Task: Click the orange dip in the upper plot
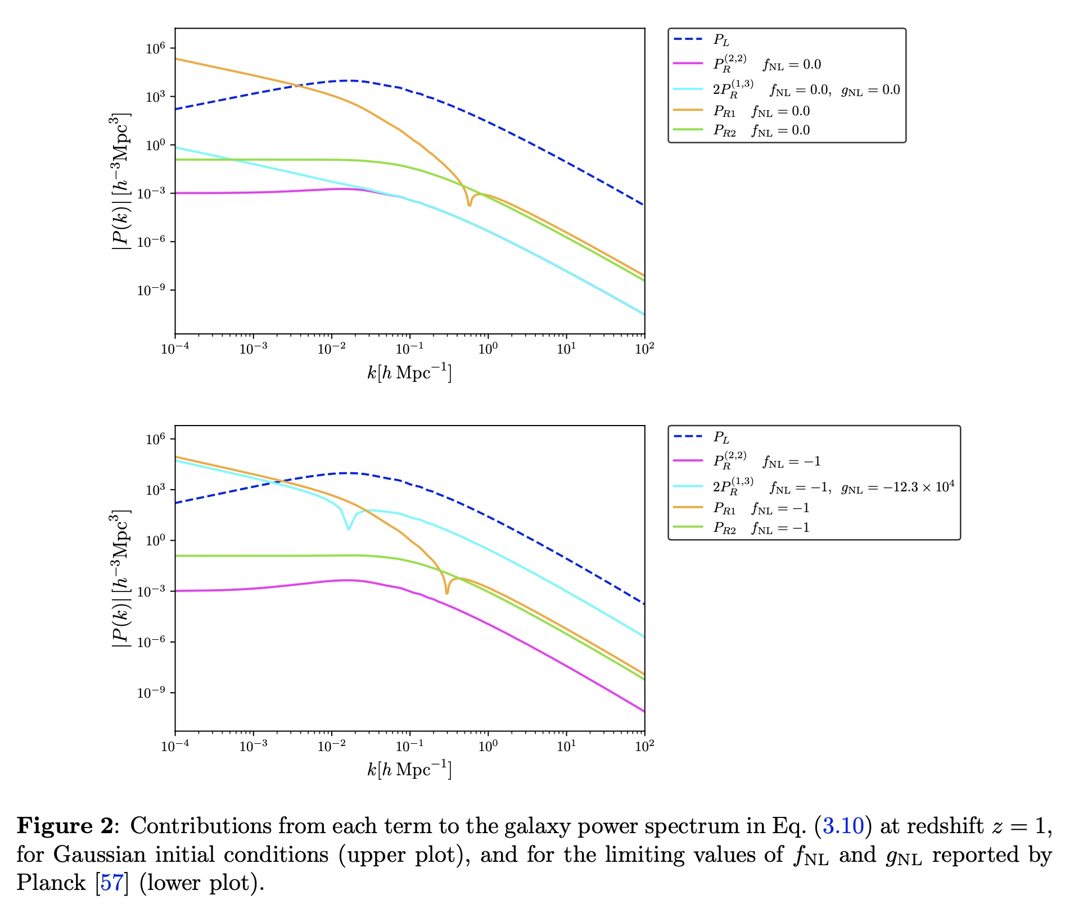click(469, 204)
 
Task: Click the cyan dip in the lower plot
click(349, 528)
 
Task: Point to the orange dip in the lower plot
click(447, 592)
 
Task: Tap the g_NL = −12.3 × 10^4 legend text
click(897, 487)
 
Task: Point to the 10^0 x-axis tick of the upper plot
click(488, 349)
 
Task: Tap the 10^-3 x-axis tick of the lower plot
click(253, 746)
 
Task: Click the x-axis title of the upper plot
click(409, 373)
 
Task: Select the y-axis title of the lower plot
click(120, 578)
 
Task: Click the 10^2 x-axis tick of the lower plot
click(644, 746)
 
